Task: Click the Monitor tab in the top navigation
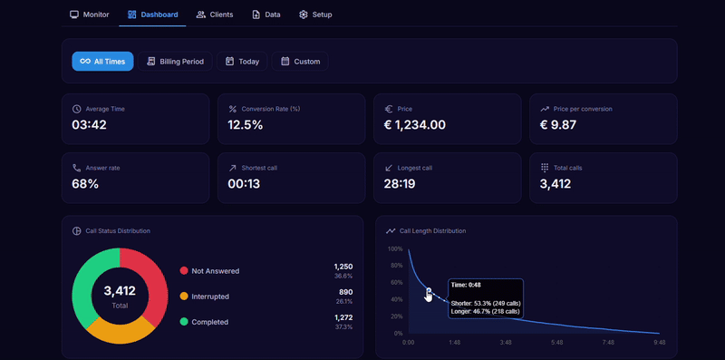click(x=89, y=15)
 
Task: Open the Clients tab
click(x=215, y=15)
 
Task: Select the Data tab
click(x=266, y=15)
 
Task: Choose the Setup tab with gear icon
click(x=315, y=15)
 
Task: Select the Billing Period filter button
click(x=176, y=62)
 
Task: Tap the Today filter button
click(x=242, y=62)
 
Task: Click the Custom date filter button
click(x=300, y=62)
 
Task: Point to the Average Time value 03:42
click(x=89, y=125)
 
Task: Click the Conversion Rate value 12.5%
click(x=246, y=125)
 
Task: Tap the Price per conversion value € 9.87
click(x=557, y=125)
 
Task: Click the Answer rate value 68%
click(x=85, y=184)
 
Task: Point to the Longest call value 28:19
click(x=400, y=184)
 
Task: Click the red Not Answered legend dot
click(x=184, y=271)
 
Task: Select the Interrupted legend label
click(x=209, y=297)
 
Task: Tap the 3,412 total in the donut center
click(x=120, y=291)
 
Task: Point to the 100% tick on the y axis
click(x=395, y=248)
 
